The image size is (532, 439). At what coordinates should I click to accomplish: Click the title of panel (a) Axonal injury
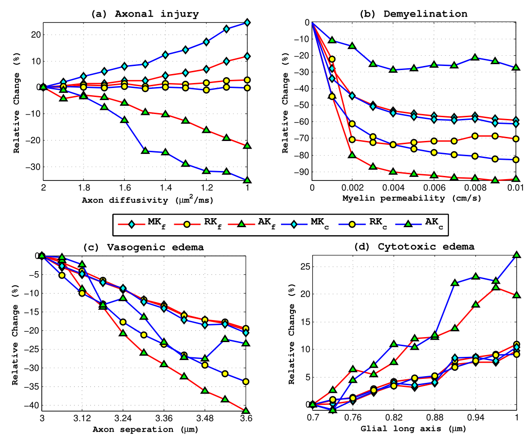pos(145,14)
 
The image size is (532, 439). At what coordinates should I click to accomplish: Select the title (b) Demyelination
pos(413,14)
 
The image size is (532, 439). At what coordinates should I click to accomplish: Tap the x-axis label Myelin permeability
pos(413,198)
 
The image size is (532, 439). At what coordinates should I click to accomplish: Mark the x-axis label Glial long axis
pos(413,429)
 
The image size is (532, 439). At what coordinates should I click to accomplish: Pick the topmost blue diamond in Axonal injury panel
pos(247,22)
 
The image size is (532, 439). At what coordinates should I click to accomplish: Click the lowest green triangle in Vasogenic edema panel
pos(246,410)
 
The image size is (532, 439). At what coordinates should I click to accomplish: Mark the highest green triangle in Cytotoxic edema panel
pos(517,255)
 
